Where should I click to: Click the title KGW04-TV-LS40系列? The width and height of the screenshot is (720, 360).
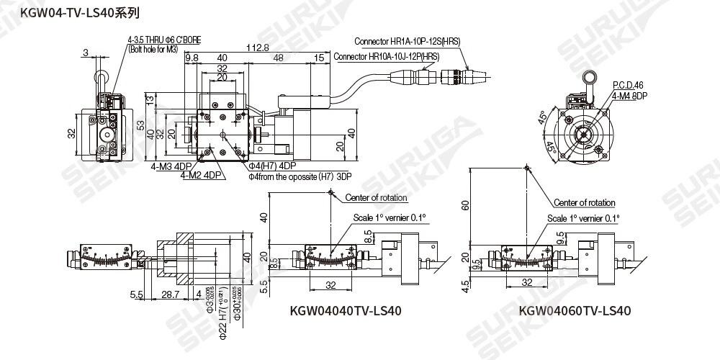click(x=69, y=12)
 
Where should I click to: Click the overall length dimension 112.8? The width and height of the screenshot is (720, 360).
click(x=257, y=48)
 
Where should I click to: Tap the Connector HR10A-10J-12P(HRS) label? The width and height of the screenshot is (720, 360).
click(x=387, y=56)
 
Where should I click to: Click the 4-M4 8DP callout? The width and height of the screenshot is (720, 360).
click(x=629, y=95)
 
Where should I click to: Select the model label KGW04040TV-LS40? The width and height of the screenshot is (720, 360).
click(x=345, y=311)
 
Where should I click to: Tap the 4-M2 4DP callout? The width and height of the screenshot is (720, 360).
click(x=201, y=175)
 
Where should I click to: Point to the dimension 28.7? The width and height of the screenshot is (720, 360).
click(x=169, y=295)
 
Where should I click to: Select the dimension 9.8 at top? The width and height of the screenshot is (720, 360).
click(x=192, y=58)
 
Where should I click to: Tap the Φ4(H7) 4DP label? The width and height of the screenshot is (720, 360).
click(x=276, y=166)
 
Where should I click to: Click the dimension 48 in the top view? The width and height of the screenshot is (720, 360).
click(x=277, y=58)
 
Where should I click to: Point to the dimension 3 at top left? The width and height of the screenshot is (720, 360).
click(x=85, y=52)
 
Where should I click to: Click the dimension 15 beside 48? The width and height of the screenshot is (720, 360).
click(x=318, y=58)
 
